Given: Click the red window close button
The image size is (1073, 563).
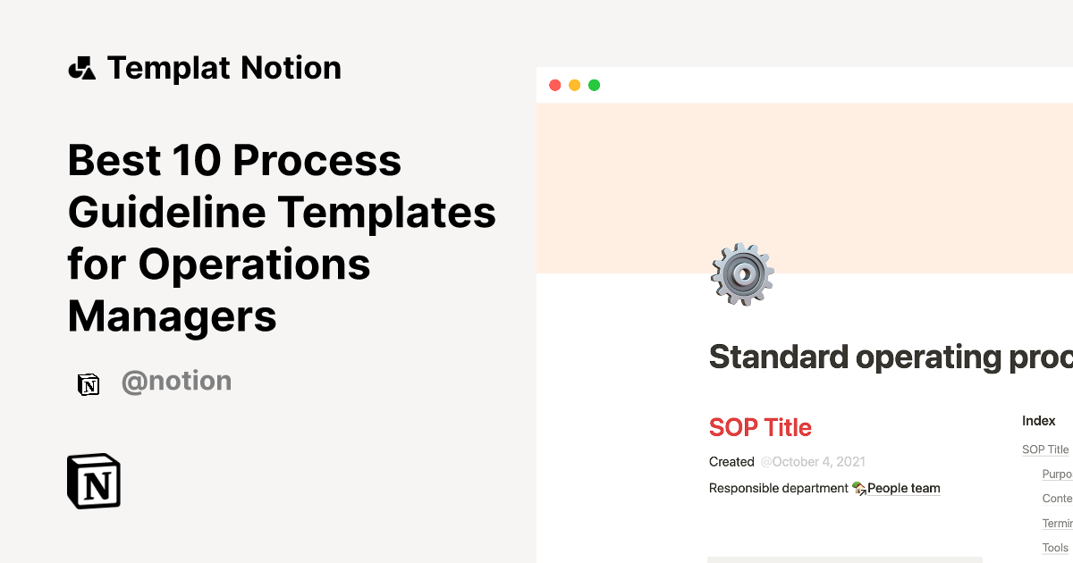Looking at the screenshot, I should [x=554, y=85].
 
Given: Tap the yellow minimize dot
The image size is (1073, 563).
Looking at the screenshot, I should [x=574, y=85].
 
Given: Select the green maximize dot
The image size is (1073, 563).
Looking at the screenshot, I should [x=594, y=85].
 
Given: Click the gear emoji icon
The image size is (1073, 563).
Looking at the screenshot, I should [x=741, y=274].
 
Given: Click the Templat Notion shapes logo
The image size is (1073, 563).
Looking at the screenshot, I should [x=81, y=68].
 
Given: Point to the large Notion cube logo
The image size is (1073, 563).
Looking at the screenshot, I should [x=94, y=482].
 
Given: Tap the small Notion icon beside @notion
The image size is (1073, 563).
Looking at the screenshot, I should [x=89, y=384].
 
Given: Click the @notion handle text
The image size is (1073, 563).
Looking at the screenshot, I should [x=176, y=382].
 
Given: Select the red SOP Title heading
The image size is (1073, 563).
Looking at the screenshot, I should [x=760, y=427].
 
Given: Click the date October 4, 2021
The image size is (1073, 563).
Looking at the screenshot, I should [x=813, y=462].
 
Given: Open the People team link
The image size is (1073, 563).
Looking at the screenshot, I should [x=903, y=488].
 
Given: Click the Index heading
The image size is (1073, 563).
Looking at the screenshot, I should [x=1039, y=420].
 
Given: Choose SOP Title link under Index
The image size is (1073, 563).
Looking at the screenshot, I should [x=1045, y=450].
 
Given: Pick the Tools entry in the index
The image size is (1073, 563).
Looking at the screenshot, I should [x=1055, y=548].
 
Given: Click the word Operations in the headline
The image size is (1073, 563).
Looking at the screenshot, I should [x=254, y=265].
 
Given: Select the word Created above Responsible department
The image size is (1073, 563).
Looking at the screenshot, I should [x=731, y=462].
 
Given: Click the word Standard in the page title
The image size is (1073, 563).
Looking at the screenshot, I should [x=778, y=357].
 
